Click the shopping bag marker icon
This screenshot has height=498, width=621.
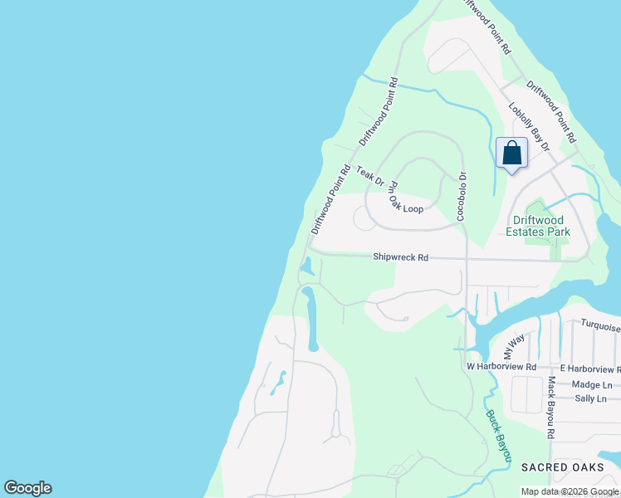pos(511,154)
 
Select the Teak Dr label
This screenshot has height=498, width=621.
pos(370,176)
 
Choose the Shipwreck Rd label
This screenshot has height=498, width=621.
pos(400,258)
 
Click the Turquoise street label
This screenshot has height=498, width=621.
pos(599,326)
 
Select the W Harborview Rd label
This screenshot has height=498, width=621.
pos(501,366)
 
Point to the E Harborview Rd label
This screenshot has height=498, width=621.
pos(589,368)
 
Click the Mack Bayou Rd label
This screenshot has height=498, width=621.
pos(550,407)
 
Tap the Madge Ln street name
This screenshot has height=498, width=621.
pos(593,384)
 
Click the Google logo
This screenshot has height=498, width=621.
pos(27,488)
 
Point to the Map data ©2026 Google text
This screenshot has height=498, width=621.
pos(570,491)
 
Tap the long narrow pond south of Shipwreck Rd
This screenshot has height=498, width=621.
pos(311,320)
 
